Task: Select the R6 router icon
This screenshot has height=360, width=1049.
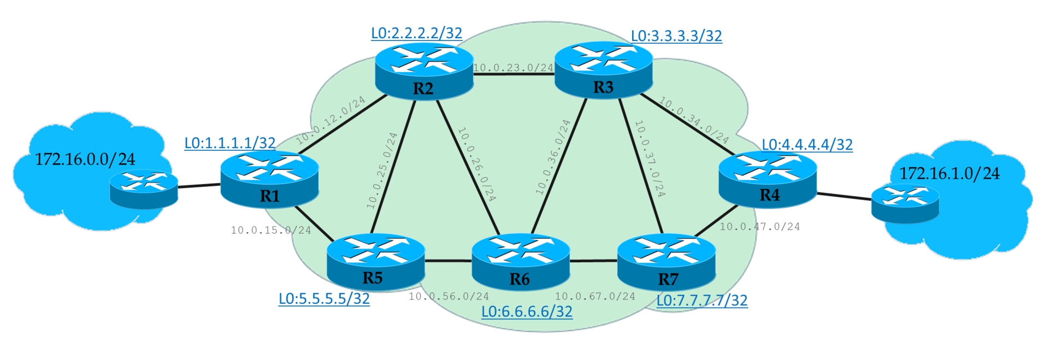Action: [x=520, y=262]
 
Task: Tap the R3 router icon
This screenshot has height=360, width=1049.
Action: [x=603, y=70]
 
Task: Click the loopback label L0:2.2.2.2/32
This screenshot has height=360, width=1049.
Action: [x=416, y=33]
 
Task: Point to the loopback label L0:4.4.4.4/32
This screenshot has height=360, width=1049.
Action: [x=807, y=145]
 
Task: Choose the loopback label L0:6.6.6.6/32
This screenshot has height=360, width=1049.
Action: [x=527, y=312]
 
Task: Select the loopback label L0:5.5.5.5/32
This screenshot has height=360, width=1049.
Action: [x=324, y=299]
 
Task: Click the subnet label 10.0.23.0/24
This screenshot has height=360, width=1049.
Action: [x=513, y=68]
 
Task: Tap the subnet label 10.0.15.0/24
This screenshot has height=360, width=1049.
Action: [x=270, y=231]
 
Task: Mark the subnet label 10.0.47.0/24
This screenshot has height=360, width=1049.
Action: [x=759, y=227]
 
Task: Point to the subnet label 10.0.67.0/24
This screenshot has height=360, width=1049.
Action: [x=595, y=297]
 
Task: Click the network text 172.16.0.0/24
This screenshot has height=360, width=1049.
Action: [x=85, y=160]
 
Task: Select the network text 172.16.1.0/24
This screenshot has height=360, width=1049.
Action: [x=949, y=174]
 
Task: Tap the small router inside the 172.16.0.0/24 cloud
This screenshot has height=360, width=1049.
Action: [x=144, y=188]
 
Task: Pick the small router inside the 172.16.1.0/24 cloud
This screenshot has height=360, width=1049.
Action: [x=905, y=204]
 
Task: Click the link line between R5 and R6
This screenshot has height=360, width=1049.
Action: [x=448, y=261]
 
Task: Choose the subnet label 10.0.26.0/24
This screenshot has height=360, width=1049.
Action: [x=476, y=164]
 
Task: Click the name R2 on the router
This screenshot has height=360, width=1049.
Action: [x=423, y=89]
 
